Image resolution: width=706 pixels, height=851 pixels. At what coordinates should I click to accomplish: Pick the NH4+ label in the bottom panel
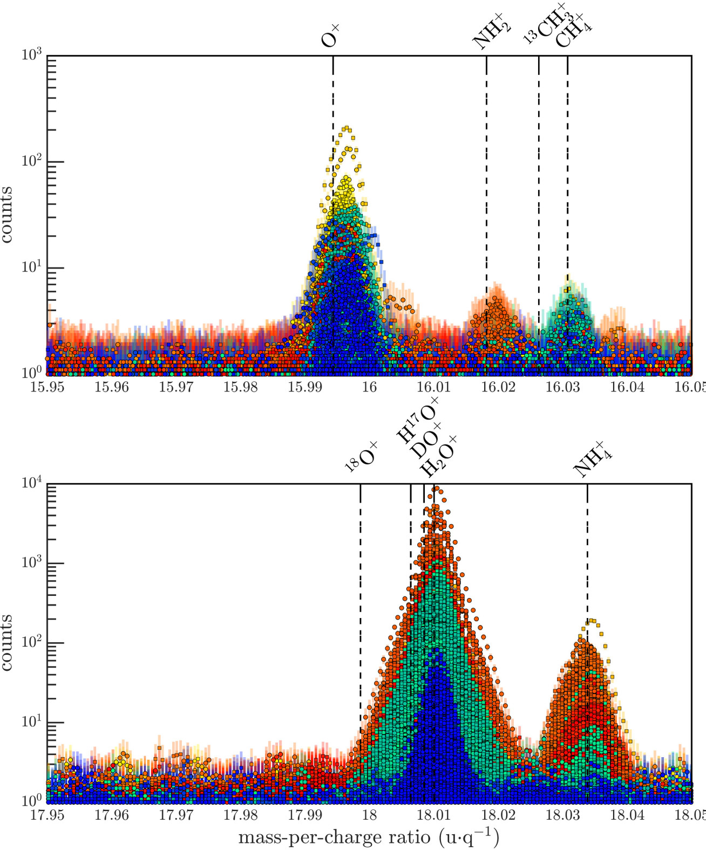point(593,461)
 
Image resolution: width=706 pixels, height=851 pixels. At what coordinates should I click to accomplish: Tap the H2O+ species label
point(438,457)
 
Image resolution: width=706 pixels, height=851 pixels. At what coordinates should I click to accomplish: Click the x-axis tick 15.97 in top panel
point(176,388)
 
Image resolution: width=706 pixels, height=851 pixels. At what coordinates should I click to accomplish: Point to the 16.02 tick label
point(498,388)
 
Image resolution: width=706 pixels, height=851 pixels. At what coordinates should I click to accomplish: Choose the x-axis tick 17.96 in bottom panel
point(112,815)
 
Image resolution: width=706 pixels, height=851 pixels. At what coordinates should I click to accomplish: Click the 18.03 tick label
point(563,815)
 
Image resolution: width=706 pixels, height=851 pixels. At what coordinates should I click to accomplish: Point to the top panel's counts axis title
point(8,214)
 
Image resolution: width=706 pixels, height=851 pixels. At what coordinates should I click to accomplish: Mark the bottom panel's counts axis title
point(8,642)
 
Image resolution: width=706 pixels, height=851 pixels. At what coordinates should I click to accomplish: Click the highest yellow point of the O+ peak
point(347,128)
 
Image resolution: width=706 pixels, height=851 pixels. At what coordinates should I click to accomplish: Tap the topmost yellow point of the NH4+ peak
point(592,621)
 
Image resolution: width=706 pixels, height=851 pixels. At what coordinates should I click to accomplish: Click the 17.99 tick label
point(305,815)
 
